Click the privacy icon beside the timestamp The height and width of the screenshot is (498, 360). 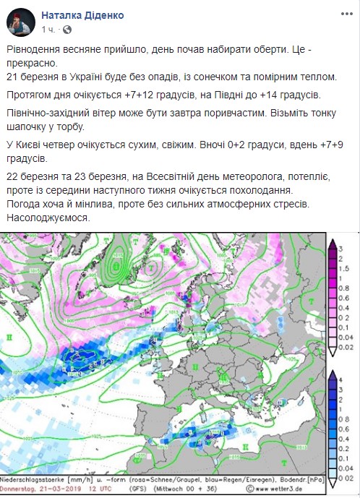(67, 30)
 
